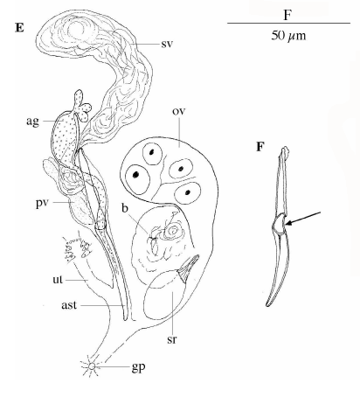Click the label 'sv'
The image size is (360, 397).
[x=167, y=44]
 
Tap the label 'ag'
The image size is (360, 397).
[x=32, y=122]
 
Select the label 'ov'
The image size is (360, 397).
[x=179, y=111]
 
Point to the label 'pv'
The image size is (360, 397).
[x=42, y=203]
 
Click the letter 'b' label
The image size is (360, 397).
[x=125, y=208]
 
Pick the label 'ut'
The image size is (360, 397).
[x=58, y=279]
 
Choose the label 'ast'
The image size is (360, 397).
[x=69, y=305]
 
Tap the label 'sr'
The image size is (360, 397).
[x=172, y=339]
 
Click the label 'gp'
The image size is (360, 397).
[x=138, y=367]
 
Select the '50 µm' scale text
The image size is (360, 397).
[x=288, y=36]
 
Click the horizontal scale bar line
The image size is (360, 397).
[x=288, y=23]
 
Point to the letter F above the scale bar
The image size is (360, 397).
[x=287, y=15]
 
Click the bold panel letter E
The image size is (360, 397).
[x=19, y=28]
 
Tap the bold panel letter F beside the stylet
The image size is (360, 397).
[x=260, y=147]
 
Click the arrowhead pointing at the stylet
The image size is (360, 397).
[x=288, y=224]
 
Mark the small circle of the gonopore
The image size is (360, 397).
[x=92, y=366]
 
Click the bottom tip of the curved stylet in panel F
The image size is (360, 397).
[x=267, y=305]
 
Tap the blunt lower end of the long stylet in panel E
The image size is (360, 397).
[x=125, y=317]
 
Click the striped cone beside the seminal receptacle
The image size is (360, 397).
[x=189, y=268]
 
